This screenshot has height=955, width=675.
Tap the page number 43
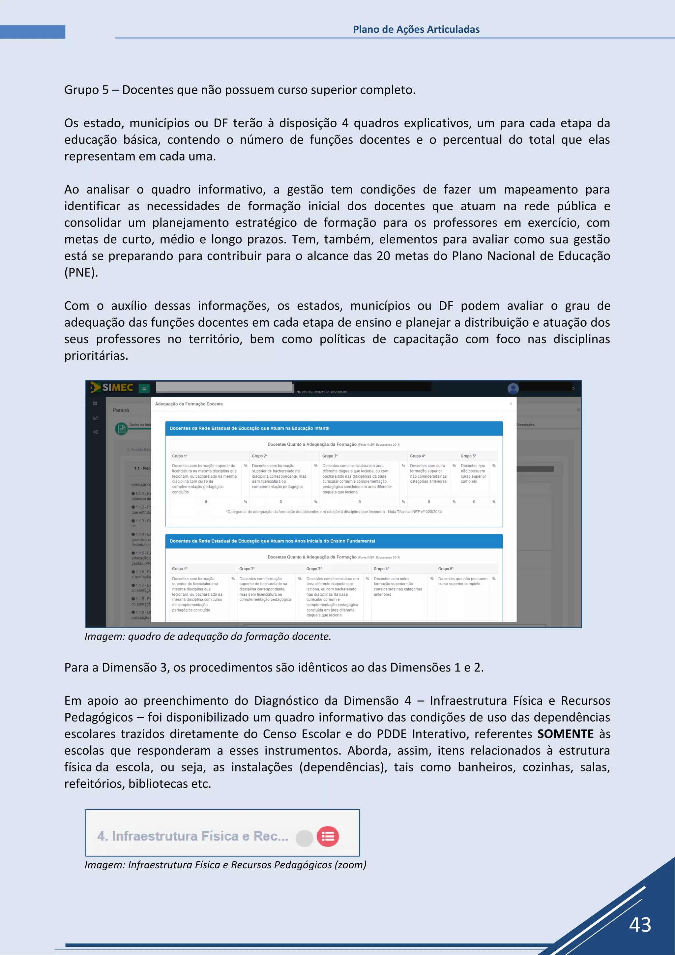(x=640, y=925)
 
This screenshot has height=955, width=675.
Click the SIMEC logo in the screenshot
(x=113, y=388)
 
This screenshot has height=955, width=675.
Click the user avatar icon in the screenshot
(x=513, y=388)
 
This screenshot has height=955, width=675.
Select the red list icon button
(x=328, y=836)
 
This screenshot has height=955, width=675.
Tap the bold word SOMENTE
(x=565, y=734)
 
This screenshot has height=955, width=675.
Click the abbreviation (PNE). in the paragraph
(x=81, y=272)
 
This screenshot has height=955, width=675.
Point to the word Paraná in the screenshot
(x=121, y=410)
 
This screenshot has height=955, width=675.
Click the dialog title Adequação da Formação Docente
(x=189, y=404)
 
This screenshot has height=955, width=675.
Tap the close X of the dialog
(x=511, y=404)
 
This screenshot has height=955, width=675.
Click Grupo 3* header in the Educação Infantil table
(x=330, y=456)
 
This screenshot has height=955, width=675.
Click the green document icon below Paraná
(x=121, y=429)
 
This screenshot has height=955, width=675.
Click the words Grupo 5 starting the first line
(x=86, y=90)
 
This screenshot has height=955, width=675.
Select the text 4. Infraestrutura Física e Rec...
(x=192, y=836)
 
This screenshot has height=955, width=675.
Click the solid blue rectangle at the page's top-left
(x=32, y=32)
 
